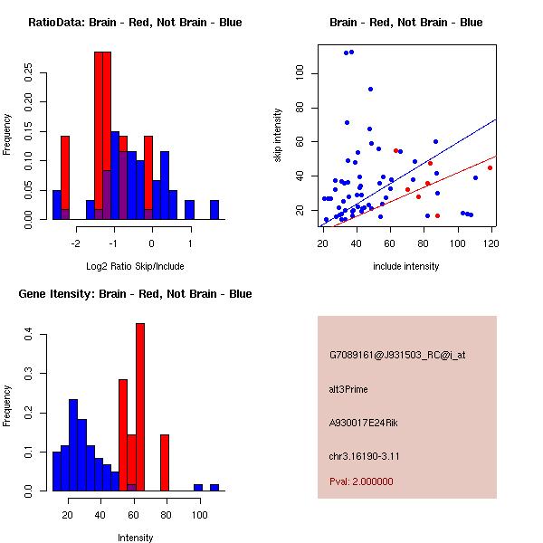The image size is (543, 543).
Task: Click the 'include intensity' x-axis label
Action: pyautogui.click(x=406, y=266)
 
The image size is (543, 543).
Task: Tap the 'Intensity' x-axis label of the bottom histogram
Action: pyautogui.click(x=135, y=538)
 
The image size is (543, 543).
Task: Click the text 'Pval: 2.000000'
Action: pyautogui.click(x=362, y=481)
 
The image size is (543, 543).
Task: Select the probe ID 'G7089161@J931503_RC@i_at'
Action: pyautogui.click(x=397, y=355)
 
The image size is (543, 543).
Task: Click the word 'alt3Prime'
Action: pyautogui.click(x=349, y=389)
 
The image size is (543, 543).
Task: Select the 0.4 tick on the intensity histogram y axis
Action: pyautogui.click(x=30, y=335)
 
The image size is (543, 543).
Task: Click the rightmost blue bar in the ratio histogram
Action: pyautogui.click(x=214, y=209)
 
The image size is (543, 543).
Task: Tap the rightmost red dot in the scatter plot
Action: pyautogui.click(x=490, y=167)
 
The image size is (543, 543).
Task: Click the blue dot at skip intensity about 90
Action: pyautogui.click(x=371, y=89)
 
